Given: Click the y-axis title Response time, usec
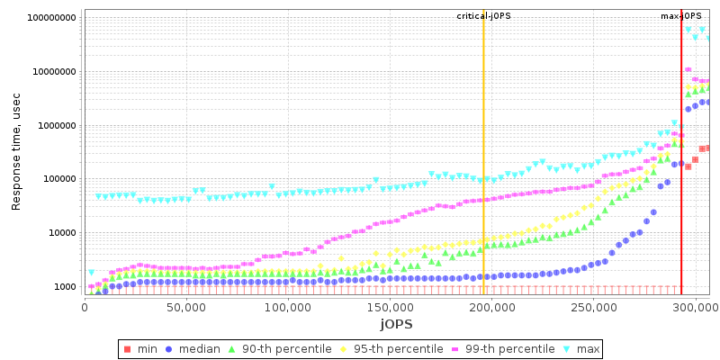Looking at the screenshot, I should (16, 152).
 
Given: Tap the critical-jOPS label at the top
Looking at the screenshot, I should (484, 16).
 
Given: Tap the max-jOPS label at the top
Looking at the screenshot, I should (681, 16).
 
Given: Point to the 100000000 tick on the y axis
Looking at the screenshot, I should (52, 18).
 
